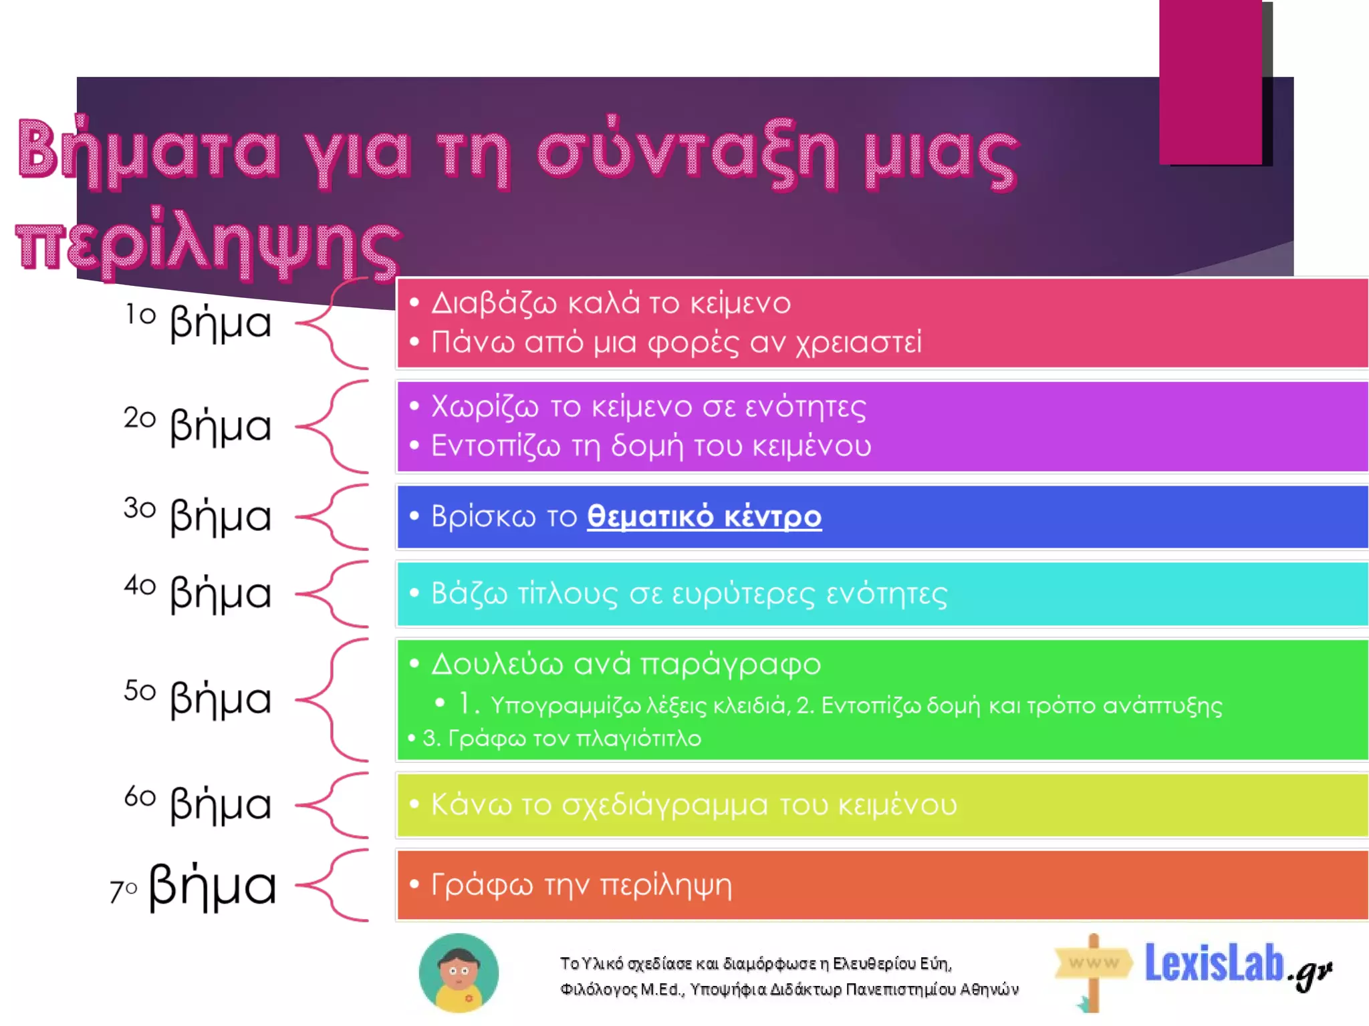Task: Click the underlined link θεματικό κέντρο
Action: pyautogui.click(x=704, y=516)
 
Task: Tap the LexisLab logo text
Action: pyautogui.click(x=1214, y=963)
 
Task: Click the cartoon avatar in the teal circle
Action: pyautogui.click(x=459, y=973)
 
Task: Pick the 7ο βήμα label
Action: pyautogui.click(x=193, y=886)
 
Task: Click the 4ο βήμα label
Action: pyautogui.click(x=199, y=592)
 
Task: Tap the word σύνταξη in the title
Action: pyautogui.click(x=687, y=154)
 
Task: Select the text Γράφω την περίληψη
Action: pyautogui.click(x=582, y=885)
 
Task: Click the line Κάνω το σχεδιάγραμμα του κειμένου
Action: pyautogui.click(x=694, y=804)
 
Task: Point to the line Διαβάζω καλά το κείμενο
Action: pyautogui.click(x=611, y=304)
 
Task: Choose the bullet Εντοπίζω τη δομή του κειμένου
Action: pyautogui.click(x=651, y=446)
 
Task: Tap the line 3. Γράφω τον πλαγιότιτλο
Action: pyautogui.click(x=562, y=739)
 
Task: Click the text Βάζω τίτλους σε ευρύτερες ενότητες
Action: pyautogui.click(x=689, y=594)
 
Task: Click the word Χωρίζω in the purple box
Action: pyautogui.click(x=485, y=407)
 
